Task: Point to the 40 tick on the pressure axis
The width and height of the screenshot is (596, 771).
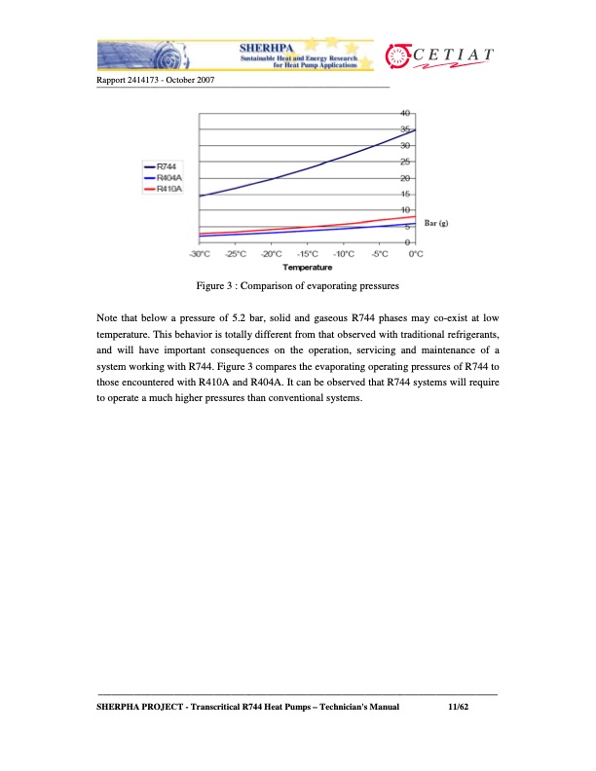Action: point(406,113)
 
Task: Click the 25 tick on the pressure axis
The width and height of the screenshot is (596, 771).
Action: point(406,162)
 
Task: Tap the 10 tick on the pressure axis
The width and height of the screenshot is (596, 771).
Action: point(406,210)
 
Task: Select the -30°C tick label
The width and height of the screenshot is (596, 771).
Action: point(200,254)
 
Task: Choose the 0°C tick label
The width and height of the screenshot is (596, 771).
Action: point(416,254)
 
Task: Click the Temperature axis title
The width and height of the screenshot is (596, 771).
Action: point(307,266)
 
